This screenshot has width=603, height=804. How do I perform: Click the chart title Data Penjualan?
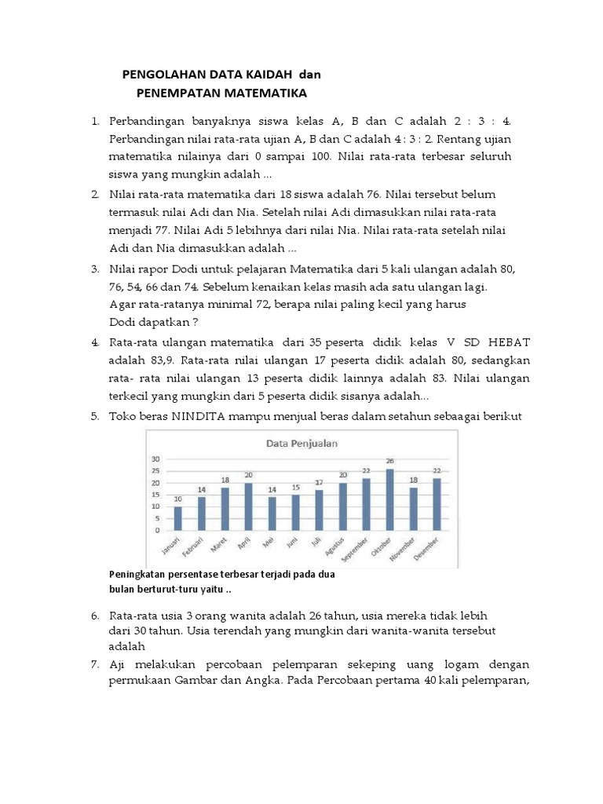pos(302,443)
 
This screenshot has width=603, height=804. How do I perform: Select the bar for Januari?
pos(178,518)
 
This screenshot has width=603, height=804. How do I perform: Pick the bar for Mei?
pos(272,513)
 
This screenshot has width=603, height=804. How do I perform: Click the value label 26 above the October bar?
pos(389,461)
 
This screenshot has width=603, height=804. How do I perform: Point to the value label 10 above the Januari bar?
pos(178,499)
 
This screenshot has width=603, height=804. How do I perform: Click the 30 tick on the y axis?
pos(155,459)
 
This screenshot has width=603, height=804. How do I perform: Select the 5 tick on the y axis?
pos(156,518)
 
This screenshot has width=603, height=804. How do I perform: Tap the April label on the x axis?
pos(243,544)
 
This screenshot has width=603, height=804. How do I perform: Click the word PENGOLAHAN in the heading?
pos(163,75)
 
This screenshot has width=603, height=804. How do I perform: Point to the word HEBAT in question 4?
pos(510,342)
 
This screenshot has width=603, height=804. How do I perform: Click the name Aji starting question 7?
pos(118,664)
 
